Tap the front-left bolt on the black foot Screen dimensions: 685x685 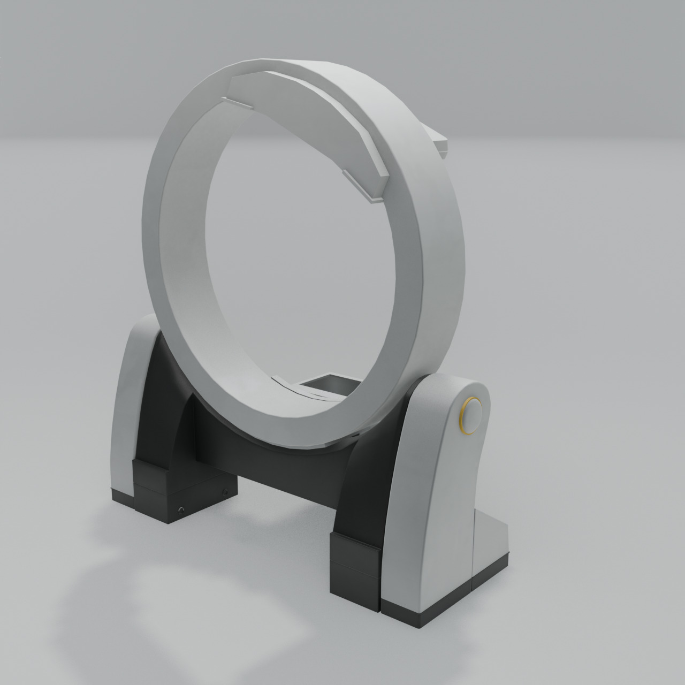click(181, 509)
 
